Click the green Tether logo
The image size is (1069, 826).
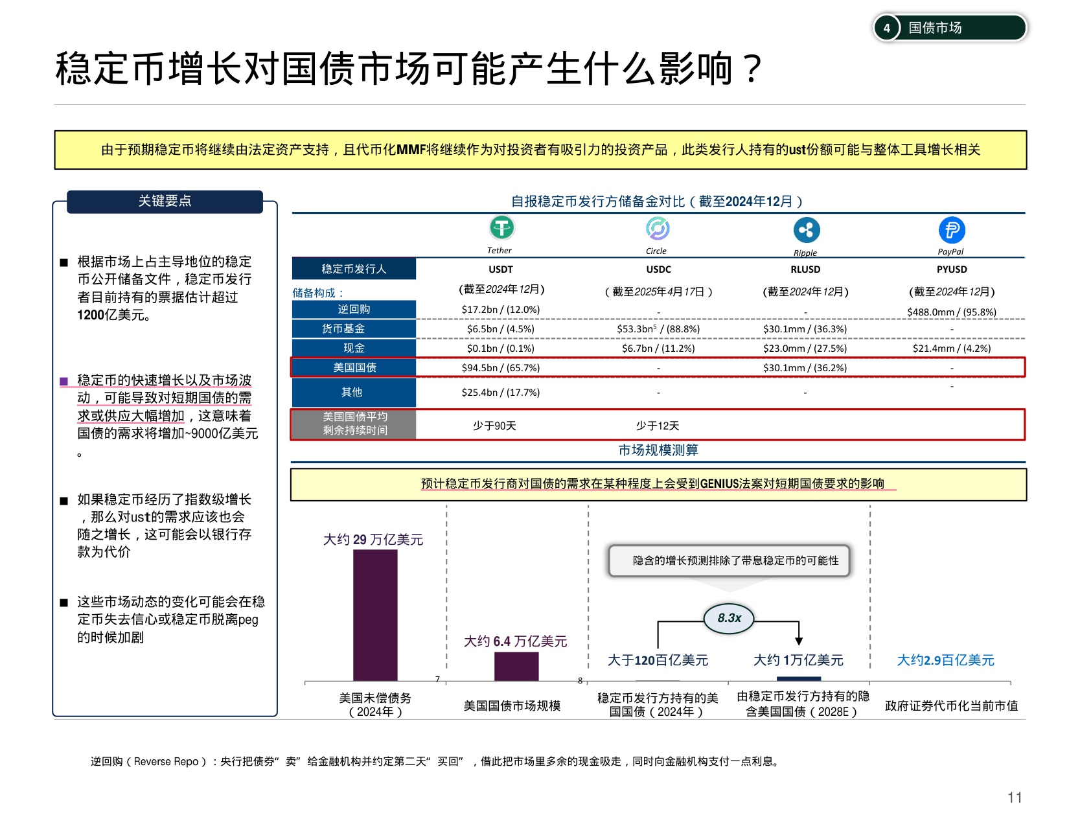point(501,228)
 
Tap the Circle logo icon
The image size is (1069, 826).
point(658,229)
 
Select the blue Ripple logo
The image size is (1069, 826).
point(807,230)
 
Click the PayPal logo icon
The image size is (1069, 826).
point(952,230)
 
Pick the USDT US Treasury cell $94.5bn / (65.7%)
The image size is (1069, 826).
point(500,367)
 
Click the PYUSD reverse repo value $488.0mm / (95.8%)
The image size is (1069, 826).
point(952,312)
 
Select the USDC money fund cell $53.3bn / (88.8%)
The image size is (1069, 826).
point(658,328)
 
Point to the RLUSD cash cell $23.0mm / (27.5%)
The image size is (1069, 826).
point(805,349)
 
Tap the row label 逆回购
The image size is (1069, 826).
point(354,309)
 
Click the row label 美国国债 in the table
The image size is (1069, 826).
point(354,367)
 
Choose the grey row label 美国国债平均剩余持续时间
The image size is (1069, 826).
point(354,424)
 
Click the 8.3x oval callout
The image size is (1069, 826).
point(729,618)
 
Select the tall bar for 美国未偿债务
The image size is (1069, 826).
point(375,615)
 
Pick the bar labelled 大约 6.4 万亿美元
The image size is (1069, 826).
point(516,666)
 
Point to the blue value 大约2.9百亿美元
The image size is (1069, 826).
point(945,660)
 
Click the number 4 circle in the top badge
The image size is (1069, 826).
point(886,28)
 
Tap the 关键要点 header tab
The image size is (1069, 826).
point(165,201)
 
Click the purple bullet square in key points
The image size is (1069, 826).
point(63,382)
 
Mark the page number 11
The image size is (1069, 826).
point(1015,797)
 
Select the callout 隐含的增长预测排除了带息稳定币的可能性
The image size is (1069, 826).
point(729,560)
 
